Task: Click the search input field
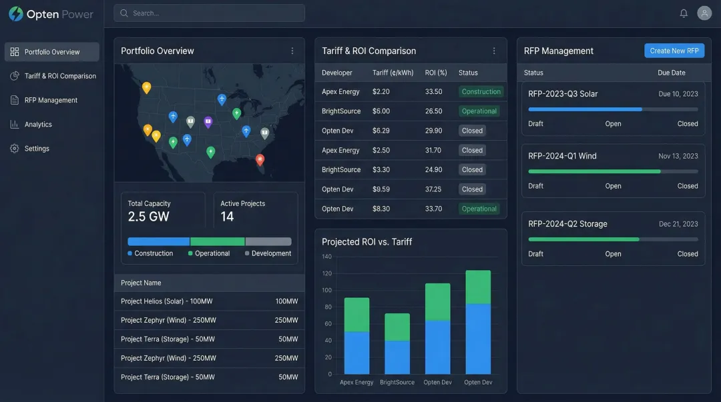coord(209,13)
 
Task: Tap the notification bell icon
coord(684,13)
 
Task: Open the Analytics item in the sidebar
coord(38,125)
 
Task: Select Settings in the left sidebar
coord(37,149)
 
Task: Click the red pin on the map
coord(260,159)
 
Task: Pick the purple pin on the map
coord(208,121)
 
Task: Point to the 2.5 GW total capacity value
coord(149,217)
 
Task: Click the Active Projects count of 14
coord(227,217)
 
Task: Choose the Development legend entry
coord(271,253)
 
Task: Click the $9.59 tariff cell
coord(381,189)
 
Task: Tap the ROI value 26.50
coord(433,111)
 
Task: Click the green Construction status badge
coord(481,92)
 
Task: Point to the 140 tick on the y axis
coord(326,257)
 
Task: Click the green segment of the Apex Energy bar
coord(356,315)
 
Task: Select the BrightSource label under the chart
coord(397,383)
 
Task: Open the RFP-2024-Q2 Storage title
coord(567,224)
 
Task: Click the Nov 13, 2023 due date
coord(678,156)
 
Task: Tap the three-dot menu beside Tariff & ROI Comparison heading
coord(494,51)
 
